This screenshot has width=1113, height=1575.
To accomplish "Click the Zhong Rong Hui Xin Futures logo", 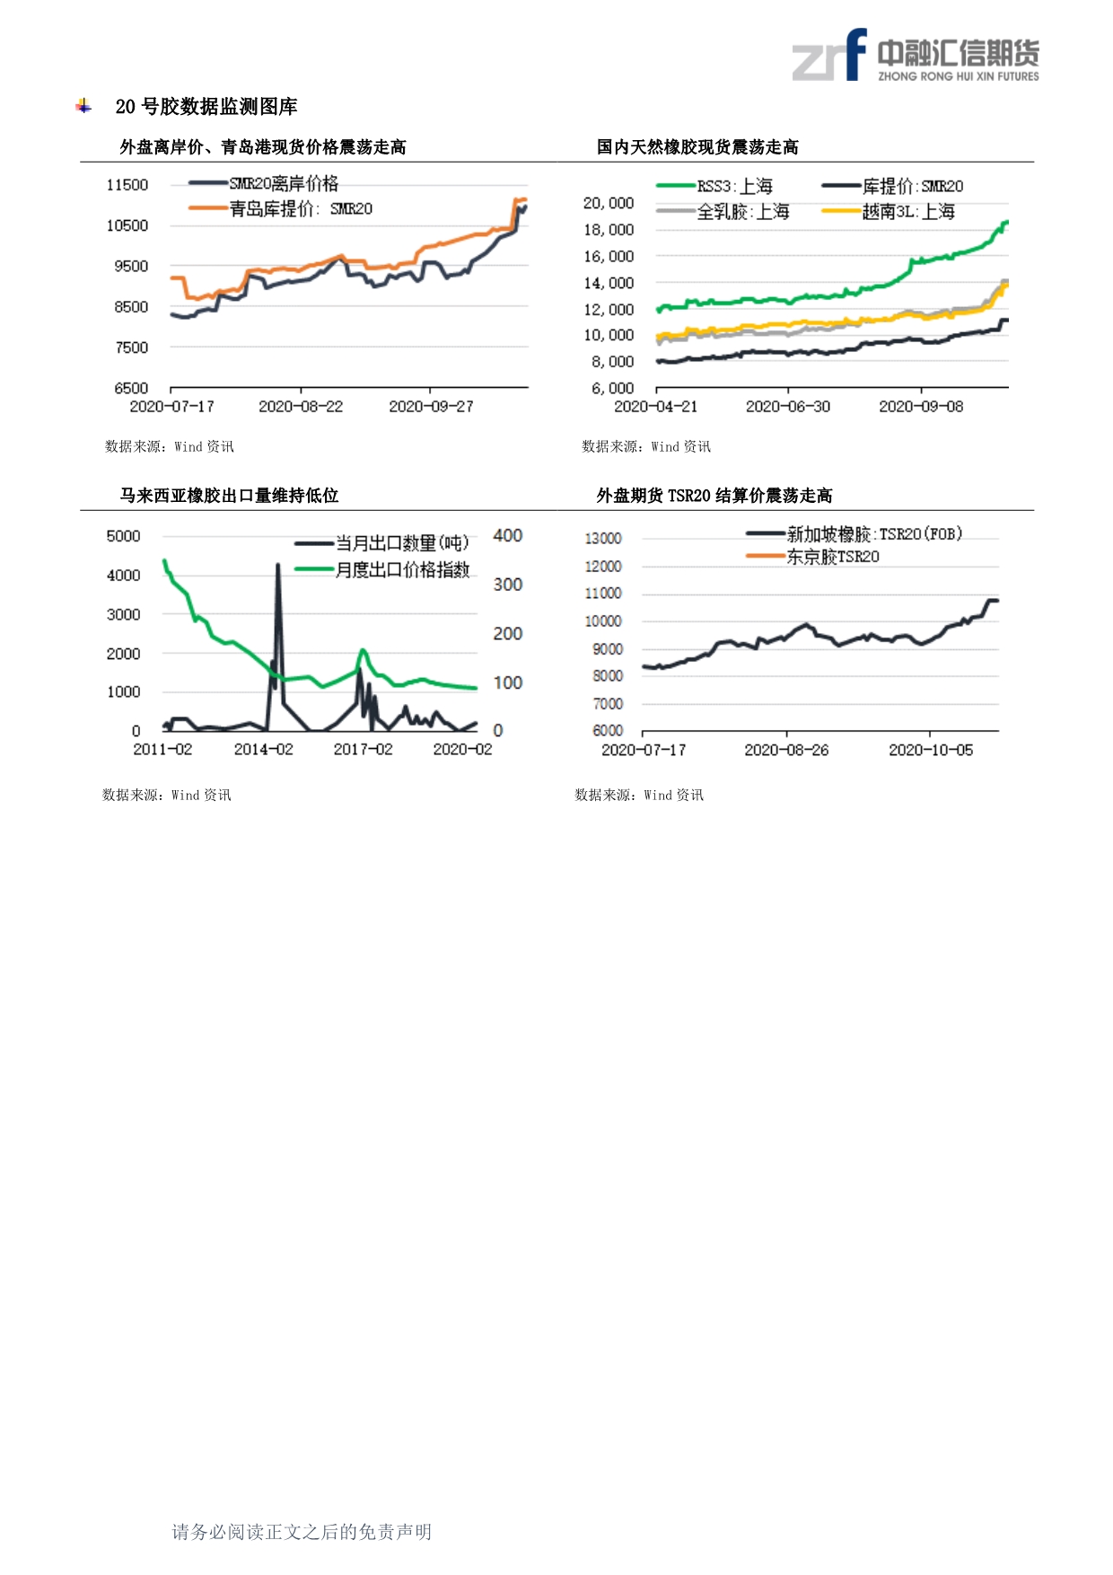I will pos(916,57).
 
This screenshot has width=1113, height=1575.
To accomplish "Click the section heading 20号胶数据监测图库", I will pos(206,107).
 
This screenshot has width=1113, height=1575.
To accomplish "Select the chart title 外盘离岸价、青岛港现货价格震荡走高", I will pos(262,147).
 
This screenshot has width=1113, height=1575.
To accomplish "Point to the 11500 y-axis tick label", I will pos(127,185).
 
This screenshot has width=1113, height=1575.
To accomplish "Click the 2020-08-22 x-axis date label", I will pos(301,407).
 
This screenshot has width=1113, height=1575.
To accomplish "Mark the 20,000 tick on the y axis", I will pos(609,204).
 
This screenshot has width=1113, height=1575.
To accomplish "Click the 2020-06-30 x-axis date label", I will pos(788,407).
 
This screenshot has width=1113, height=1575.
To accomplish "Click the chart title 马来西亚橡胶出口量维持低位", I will pos(229,496).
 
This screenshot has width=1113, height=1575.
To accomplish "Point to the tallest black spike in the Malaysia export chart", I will pos(278,566).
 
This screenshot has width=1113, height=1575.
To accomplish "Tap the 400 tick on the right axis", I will pos(508,536).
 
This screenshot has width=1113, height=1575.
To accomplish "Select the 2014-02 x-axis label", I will pos(263,750).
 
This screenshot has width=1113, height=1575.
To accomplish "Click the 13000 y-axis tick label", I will pos(603,539).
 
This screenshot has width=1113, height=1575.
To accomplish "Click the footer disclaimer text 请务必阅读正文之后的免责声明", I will pos(302,1532).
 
